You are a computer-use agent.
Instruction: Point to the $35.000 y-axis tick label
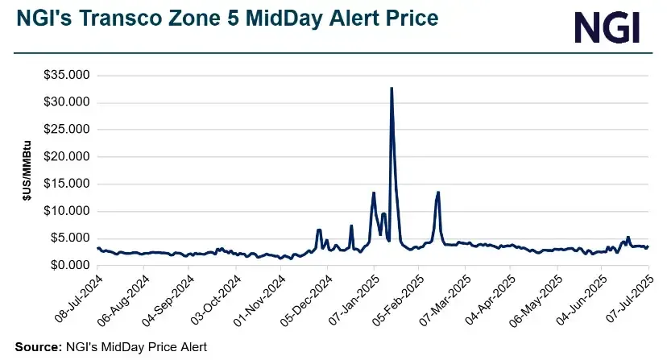pyautogui.click(x=68, y=75)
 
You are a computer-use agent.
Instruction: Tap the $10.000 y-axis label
pyautogui.click(x=68, y=211)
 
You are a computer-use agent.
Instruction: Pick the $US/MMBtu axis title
pyautogui.click(x=27, y=170)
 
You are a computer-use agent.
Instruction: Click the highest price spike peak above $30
pyautogui.click(x=391, y=88)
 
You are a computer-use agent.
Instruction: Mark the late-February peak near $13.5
pyautogui.click(x=438, y=192)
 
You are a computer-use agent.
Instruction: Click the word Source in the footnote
pyautogui.click(x=37, y=347)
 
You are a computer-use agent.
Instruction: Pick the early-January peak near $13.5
pyautogui.click(x=374, y=192)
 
